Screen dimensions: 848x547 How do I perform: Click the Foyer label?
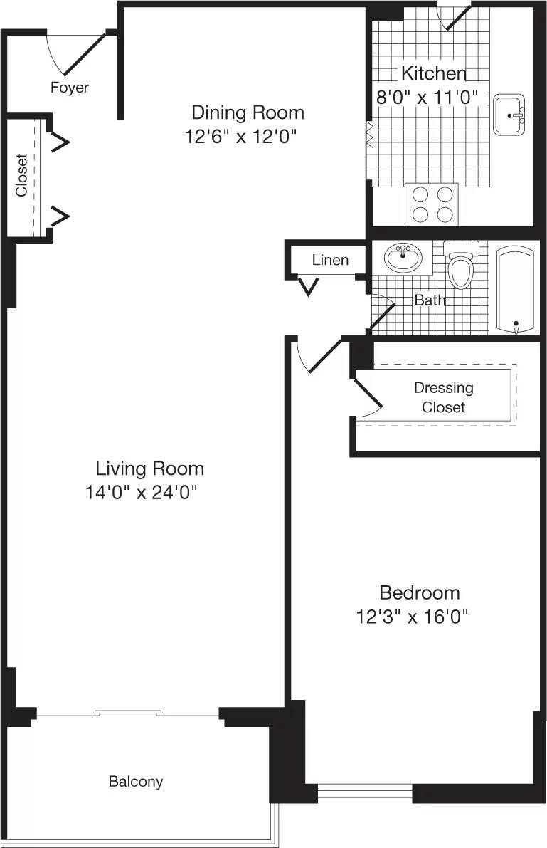point(69,88)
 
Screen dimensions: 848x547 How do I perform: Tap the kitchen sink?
point(509,113)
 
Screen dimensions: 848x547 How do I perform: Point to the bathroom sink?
point(403,257)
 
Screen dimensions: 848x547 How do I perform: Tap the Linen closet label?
point(330,260)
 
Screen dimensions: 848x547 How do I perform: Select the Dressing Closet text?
point(443,397)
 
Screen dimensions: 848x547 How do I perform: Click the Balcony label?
point(135,781)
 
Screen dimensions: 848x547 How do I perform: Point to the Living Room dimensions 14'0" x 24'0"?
point(140,492)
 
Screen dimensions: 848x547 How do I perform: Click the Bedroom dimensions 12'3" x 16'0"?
point(415,616)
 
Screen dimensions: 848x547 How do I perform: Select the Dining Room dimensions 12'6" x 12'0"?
point(240,136)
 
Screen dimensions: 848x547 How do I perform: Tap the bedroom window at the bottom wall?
point(365,790)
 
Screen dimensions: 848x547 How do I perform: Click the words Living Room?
point(149,469)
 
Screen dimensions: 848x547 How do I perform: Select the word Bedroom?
point(419,592)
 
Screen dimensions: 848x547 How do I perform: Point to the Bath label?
point(430,300)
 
